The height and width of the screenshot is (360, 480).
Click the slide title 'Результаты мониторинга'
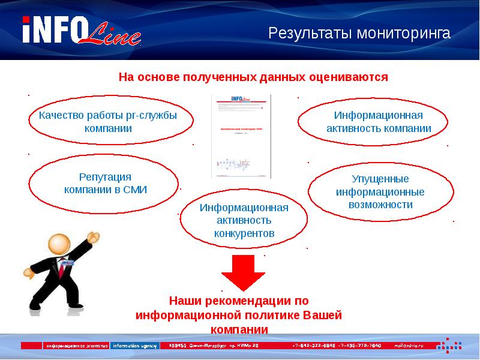[x=359, y=33]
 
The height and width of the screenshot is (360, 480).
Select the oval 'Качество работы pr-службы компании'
[x=111, y=122]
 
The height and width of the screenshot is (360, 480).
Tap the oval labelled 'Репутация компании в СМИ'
[x=105, y=183]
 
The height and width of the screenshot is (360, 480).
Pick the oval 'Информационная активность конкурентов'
[x=244, y=220]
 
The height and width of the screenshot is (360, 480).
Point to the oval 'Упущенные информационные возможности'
[x=380, y=191]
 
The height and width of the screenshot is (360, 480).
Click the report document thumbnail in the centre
[x=241, y=136]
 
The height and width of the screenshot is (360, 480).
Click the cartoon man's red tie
[x=61, y=263]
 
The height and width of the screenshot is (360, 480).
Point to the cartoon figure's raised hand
[x=94, y=237]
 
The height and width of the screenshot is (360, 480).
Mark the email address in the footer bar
[x=408, y=346]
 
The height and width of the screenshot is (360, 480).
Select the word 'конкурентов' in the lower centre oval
[x=244, y=233]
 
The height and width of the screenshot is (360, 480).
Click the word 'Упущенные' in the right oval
[x=380, y=179]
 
